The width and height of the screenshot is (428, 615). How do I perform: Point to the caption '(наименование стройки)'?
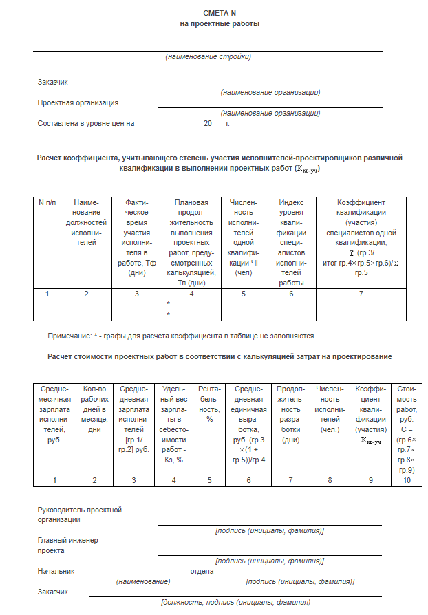(x=208, y=56)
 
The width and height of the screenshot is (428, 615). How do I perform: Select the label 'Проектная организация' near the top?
(x=78, y=102)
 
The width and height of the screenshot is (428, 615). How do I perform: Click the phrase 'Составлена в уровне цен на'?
(x=85, y=124)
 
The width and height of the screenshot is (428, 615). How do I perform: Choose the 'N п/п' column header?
(x=47, y=203)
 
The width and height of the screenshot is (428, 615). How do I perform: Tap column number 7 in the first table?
(x=361, y=294)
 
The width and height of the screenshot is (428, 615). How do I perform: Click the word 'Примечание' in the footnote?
(x=69, y=336)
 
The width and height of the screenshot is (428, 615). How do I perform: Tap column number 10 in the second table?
(x=407, y=480)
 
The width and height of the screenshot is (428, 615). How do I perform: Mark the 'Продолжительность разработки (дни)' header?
(x=291, y=413)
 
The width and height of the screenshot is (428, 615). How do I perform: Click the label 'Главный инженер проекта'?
(x=67, y=546)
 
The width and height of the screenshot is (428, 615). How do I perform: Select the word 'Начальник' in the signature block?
(x=56, y=571)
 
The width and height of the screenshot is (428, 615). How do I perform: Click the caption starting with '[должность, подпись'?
(x=235, y=603)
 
